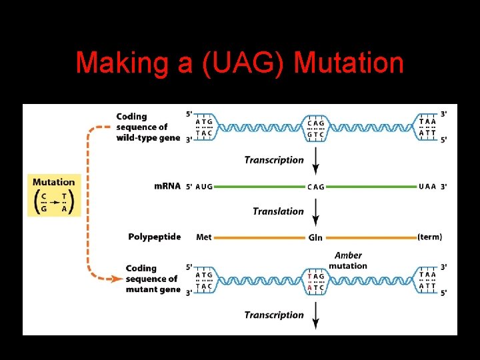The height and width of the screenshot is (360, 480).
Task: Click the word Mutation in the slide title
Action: click(349, 63)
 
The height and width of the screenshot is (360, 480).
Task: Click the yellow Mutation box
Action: click(54, 195)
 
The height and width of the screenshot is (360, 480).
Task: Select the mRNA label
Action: click(167, 186)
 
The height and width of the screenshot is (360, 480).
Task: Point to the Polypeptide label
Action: click(155, 237)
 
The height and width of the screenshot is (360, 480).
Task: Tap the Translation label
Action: click(278, 211)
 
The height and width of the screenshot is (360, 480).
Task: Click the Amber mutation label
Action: click(348, 261)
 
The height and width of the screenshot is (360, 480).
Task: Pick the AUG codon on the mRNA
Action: click(204, 187)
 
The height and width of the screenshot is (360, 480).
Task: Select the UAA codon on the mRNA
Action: click(427, 187)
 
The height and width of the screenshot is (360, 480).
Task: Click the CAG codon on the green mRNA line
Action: click(315, 187)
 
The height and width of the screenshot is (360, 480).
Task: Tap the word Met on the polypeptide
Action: click(204, 237)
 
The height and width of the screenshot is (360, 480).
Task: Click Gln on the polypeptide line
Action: click(315, 237)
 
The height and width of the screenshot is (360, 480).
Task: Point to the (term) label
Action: click(429, 237)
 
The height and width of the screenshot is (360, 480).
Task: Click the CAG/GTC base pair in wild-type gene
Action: click(316, 127)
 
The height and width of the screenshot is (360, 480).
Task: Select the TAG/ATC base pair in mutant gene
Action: click(316, 281)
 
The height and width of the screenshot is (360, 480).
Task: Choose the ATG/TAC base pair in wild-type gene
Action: click(205, 127)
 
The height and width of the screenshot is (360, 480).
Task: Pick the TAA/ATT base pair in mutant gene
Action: click(427, 281)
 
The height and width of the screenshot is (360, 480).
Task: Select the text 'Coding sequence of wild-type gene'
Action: click(147, 127)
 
